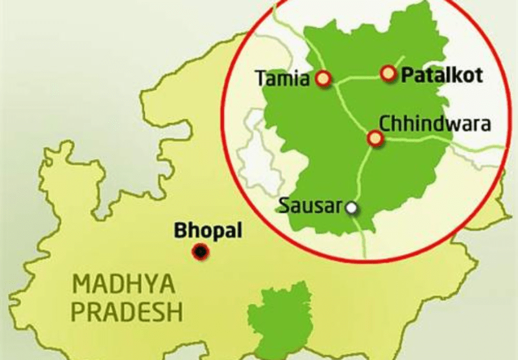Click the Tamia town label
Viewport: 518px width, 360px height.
tap(282, 79)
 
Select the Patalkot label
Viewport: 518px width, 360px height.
tap(442, 75)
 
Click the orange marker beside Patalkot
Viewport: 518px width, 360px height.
tap(388, 74)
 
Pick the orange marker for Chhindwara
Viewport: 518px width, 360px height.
tap(374, 138)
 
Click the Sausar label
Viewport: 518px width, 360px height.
tap(310, 207)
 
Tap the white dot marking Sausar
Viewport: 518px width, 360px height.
tap(351, 208)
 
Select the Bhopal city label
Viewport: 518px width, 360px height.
tap(200, 230)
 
